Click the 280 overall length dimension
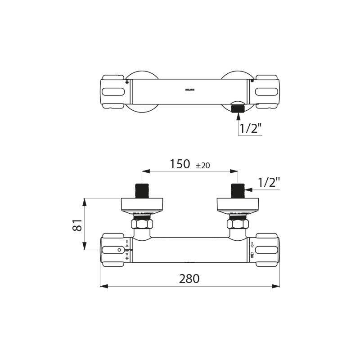189,279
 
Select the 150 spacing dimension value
180,165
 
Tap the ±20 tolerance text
202,166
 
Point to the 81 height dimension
78,225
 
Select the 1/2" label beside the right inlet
269,182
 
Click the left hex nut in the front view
142,224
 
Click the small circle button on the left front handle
119,250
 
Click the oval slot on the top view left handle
113,92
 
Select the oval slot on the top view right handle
266,92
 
